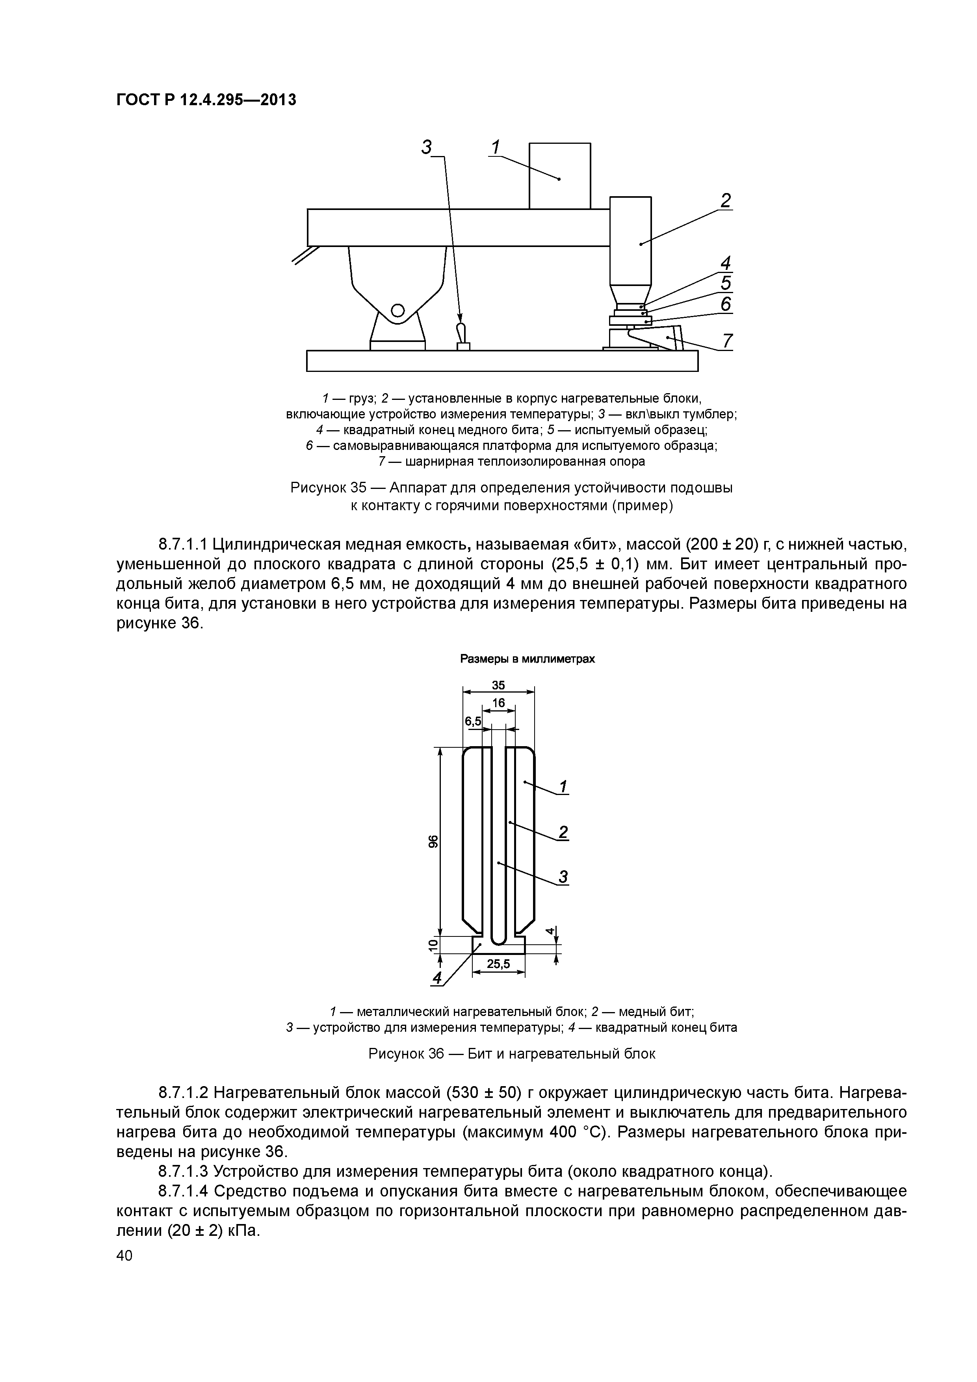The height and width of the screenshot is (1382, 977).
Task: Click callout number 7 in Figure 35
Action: (x=727, y=341)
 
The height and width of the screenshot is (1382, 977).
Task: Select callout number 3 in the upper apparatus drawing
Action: (x=427, y=147)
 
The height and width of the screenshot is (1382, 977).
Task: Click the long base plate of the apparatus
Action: (x=502, y=361)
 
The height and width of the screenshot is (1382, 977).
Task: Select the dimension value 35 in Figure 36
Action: (x=498, y=685)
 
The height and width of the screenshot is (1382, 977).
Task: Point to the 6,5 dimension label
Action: (x=473, y=721)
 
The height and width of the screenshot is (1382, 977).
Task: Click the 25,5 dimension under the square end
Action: (x=498, y=964)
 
